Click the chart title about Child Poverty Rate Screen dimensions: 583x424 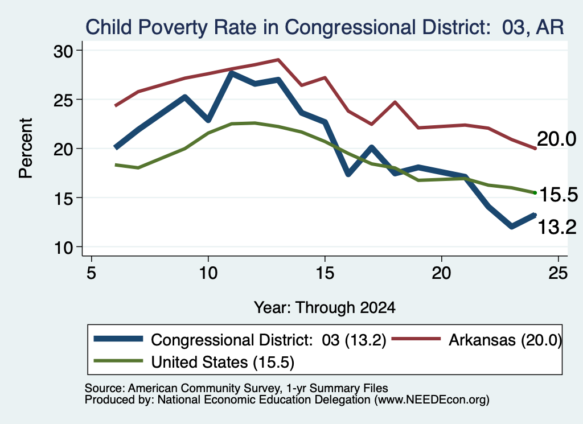[325, 27]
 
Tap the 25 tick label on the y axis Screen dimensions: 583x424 [64, 100]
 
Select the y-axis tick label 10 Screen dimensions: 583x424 [64, 248]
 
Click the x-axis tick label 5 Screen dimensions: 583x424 [92, 273]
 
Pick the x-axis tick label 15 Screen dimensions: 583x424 [325, 273]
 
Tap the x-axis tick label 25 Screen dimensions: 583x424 [558, 273]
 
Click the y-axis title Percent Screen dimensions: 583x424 [26, 149]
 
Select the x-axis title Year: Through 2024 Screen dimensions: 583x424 [325, 308]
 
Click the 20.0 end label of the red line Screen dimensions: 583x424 [557, 139]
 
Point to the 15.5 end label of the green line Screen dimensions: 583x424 [559, 195]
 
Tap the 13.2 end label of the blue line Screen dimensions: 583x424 [557, 227]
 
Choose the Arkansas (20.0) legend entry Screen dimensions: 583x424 [477, 340]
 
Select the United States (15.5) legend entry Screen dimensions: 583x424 [194, 362]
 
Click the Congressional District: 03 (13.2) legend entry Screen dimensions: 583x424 [240, 340]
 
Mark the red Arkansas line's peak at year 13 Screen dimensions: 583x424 [278, 59]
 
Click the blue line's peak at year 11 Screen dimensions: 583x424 [232, 73]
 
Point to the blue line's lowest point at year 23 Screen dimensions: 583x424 [512, 227]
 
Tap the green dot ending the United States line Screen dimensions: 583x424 [535, 192]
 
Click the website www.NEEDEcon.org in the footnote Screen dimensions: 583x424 [432, 400]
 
